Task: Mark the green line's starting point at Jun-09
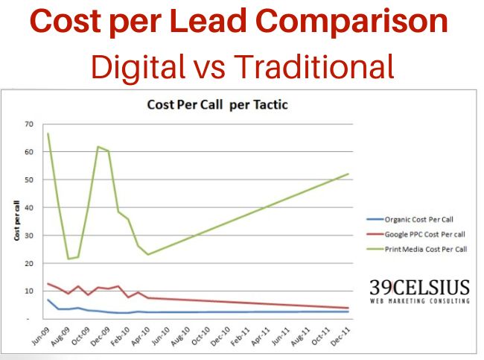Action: pyautogui.click(x=48, y=133)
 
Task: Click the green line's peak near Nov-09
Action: pyautogui.click(x=98, y=147)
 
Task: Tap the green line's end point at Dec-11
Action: pyautogui.click(x=348, y=174)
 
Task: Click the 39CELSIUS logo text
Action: pyautogui.click(x=420, y=286)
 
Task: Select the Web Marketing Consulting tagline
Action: pyautogui.click(x=420, y=301)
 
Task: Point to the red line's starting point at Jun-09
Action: pyautogui.click(x=48, y=283)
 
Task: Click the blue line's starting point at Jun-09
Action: pyautogui.click(x=48, y=300)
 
